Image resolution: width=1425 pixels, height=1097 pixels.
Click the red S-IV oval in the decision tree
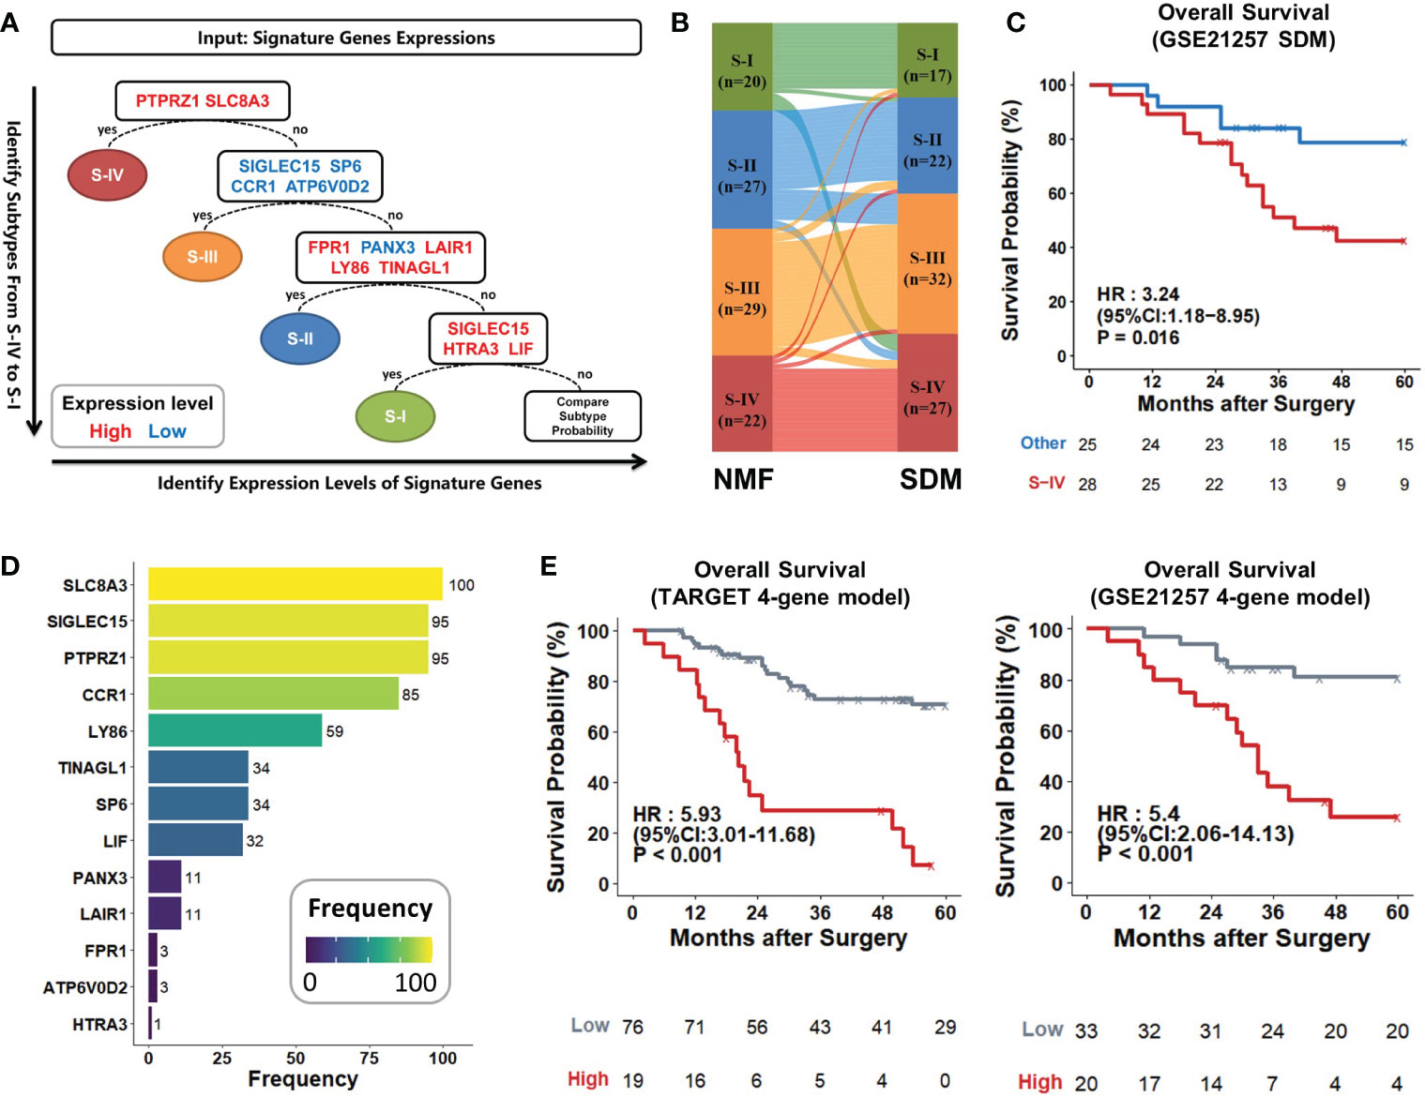[x=107, y=174]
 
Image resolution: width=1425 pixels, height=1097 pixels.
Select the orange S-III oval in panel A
[x=202, y=257]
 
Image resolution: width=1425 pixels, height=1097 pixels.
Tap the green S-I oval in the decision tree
[x=395, y=416]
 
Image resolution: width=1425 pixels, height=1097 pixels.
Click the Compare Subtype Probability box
[x=582, y=416]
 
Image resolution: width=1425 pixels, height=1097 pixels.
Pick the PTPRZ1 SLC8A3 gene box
[x=202, y=101]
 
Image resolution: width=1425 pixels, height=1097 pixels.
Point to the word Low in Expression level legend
[x=167, y=431]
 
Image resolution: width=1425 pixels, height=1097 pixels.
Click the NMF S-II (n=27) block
[x=742, y=175]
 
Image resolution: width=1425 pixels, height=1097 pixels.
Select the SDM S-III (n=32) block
[x=927, y=268]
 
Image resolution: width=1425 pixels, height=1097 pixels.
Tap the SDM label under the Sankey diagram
[x=931, y=480]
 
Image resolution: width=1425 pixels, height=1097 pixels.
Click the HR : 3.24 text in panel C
[x=1138, y=294]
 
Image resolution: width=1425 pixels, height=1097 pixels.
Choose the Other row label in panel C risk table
[x=1043, y=443]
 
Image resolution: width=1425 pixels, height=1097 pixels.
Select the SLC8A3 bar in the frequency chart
[x=295, y=584]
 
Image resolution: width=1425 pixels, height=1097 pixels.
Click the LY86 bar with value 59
[x=235, y=731]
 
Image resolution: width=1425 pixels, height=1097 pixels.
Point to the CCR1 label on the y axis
[x=104, y=695]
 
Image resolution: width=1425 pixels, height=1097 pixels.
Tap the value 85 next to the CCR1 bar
[x=411, y=695]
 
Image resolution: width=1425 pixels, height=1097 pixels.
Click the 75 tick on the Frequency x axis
[x=369, y=1058]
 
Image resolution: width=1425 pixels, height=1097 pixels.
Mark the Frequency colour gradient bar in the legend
[x=369, y=950]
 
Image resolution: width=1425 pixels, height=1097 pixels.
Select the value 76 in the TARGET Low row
[x=633, y=1027]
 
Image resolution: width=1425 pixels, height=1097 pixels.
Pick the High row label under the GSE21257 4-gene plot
[x=1040, y=1082]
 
